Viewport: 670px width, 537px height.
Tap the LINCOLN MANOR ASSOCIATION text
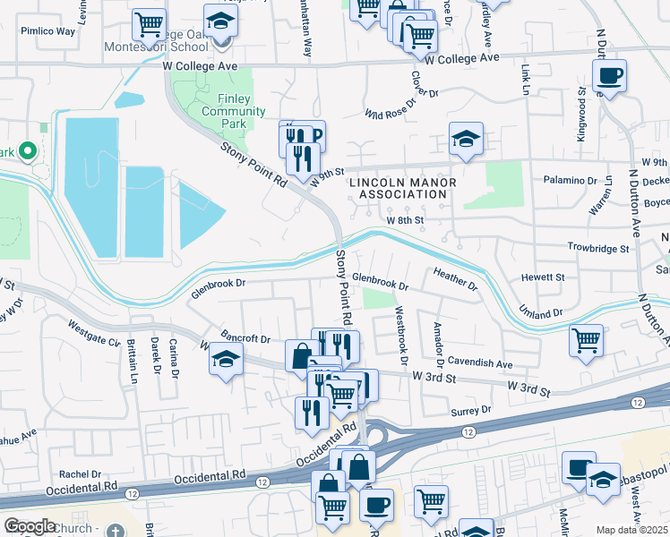coord(402,189)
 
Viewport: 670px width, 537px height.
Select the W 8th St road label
coord(404,220)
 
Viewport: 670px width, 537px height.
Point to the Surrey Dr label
coord(474,409)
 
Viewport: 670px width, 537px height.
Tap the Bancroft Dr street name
coord(245,339)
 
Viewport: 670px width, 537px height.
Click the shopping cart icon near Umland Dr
coord(586,341)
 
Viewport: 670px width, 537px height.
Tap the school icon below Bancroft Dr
coord(226,361)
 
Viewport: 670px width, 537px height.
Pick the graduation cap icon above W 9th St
coord(466,139)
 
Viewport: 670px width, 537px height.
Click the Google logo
coord(30,525)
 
